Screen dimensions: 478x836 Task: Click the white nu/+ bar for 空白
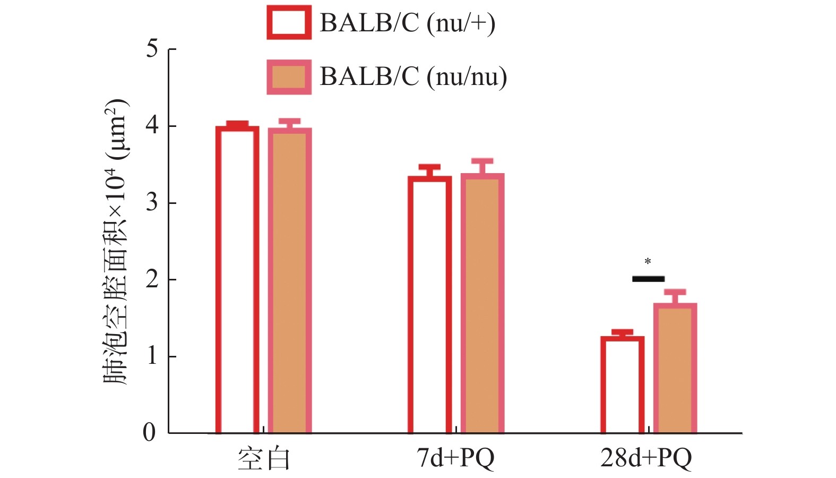237,280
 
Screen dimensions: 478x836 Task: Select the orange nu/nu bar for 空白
289,281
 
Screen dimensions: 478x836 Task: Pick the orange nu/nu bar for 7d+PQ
482,303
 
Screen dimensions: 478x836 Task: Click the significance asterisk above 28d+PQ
648,262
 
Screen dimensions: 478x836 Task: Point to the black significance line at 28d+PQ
648,279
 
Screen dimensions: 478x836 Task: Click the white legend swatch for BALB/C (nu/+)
289,22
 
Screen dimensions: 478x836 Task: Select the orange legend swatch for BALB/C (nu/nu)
289,77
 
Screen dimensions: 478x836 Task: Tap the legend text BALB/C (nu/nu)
413,77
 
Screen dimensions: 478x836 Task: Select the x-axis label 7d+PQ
455,458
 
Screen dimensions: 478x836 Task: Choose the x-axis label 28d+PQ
646,458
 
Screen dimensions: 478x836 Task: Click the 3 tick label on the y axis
152,202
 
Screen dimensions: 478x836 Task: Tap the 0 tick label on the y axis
150,432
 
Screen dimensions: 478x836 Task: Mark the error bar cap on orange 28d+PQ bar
675,292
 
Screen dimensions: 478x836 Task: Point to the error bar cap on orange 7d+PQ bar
482,161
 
